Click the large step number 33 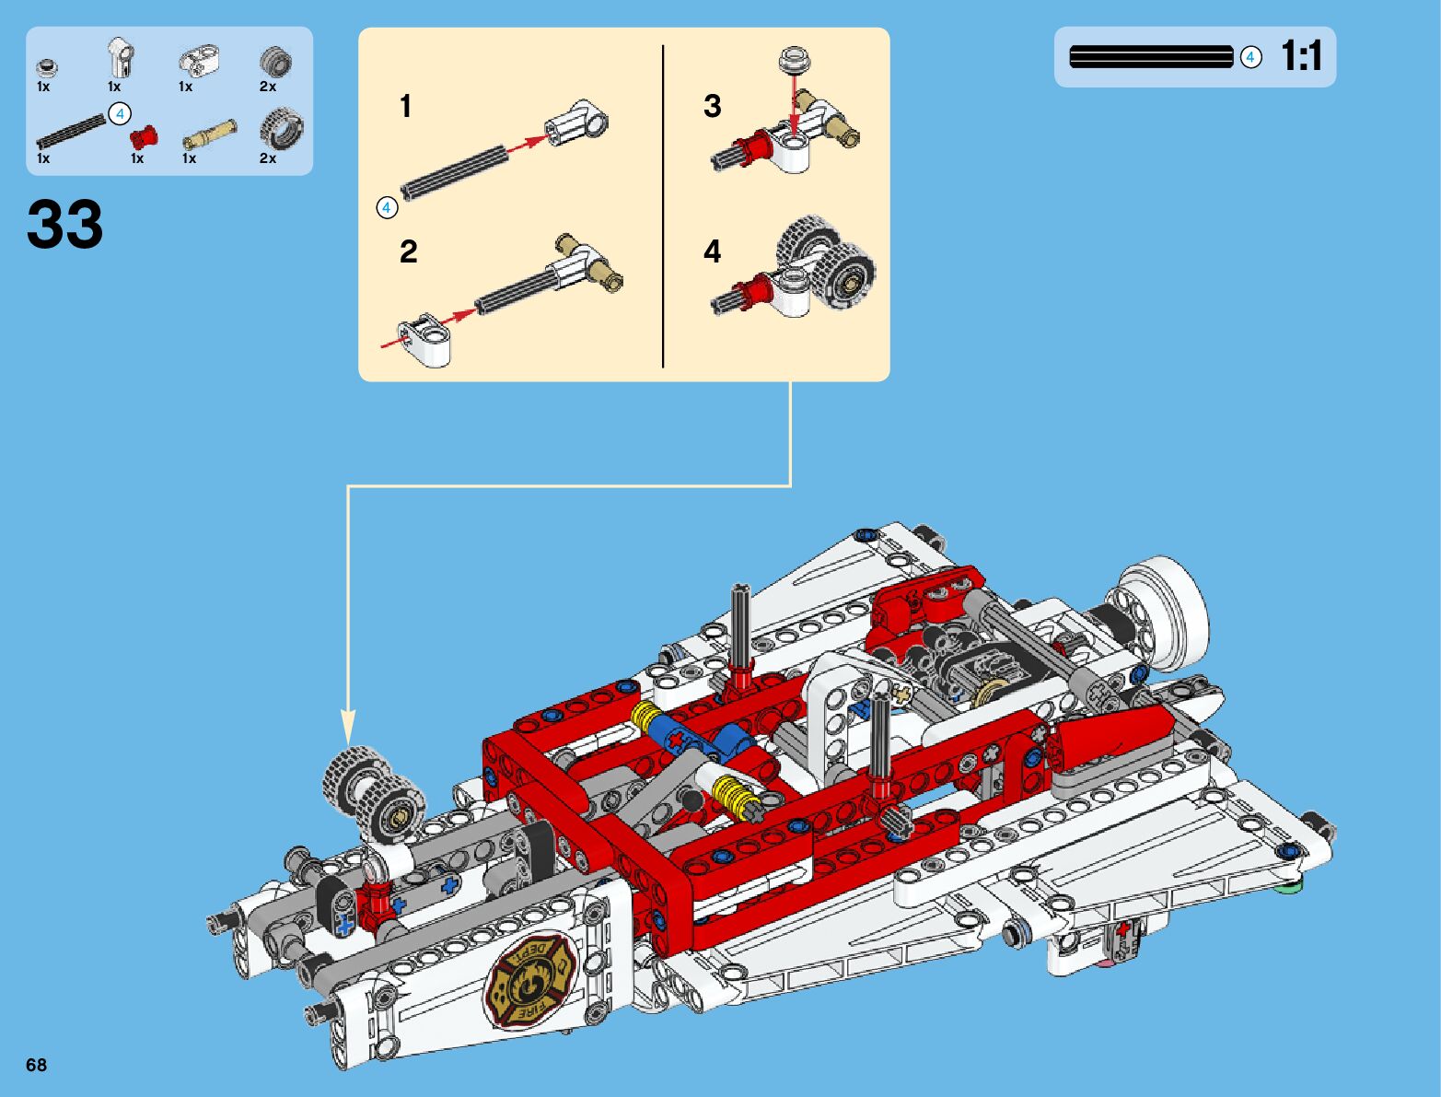(x=65, y=225)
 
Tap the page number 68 (x=36, y=1065)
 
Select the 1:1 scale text (x=1301, y=56)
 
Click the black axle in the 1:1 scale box (x=1151, y=56)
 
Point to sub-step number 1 (x=406, y=106)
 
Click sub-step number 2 (x=408, y=251)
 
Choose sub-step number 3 (x=713, y=106)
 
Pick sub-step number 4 (x=713, y=251)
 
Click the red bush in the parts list (x=144, y=136)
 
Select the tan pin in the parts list (x=209, y=134)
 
